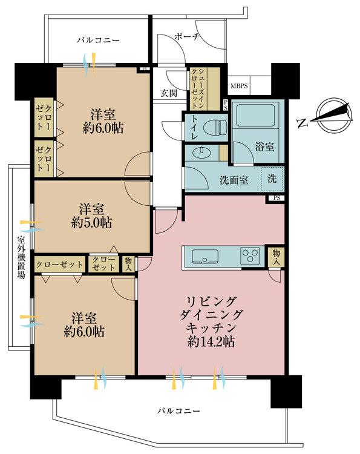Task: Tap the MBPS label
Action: click(239, 86)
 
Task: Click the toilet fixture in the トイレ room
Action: click(215, 127)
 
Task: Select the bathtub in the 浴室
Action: click(255, 115)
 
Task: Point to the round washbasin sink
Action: click(201, 153)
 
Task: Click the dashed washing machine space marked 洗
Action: click(272, 179)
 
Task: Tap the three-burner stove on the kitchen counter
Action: click(250, 255)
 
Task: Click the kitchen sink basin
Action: click(205, 256)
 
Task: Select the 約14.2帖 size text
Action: click(211, 342)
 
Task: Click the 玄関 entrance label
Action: click(169, 93)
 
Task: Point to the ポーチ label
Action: click(187, 37)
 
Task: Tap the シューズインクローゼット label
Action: click(198, 88)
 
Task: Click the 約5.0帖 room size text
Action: click(91, 223)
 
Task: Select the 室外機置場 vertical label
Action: click(21, 257)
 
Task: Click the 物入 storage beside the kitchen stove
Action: click(276, 257)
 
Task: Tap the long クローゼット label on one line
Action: click(60, 265)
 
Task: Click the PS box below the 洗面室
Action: click(277, 199)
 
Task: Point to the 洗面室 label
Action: click(234, 180)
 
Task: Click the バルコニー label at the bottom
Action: click(179, 410)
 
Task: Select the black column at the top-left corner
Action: click(36, 81)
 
